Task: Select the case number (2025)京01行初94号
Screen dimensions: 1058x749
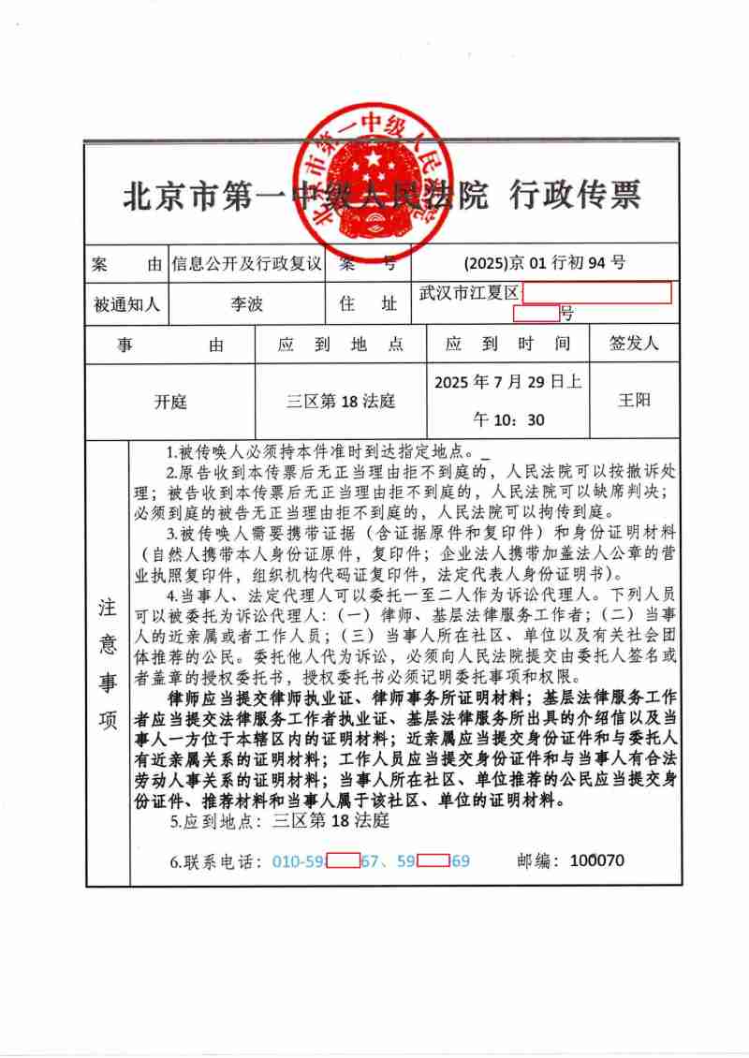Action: (x=545, y=263)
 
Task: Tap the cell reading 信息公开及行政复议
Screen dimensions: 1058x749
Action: (x=246, y=263)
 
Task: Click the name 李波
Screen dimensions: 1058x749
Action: (x=247, y=304)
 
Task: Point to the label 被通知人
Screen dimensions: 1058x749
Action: (x=126, y=304)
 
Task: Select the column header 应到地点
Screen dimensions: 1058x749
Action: (x=341, y=345)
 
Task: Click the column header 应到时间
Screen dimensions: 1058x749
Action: (x=507, y=345)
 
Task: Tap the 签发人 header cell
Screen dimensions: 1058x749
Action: (x=634, y=344)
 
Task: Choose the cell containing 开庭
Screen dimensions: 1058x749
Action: (x=170, y=402)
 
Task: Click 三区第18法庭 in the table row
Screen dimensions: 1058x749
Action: (x=341, y=402)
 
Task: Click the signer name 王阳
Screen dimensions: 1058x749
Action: (x=634, y=401)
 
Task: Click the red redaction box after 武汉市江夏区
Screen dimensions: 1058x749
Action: (x=596, y=293)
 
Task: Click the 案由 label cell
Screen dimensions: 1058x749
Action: (x=126, y=263)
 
